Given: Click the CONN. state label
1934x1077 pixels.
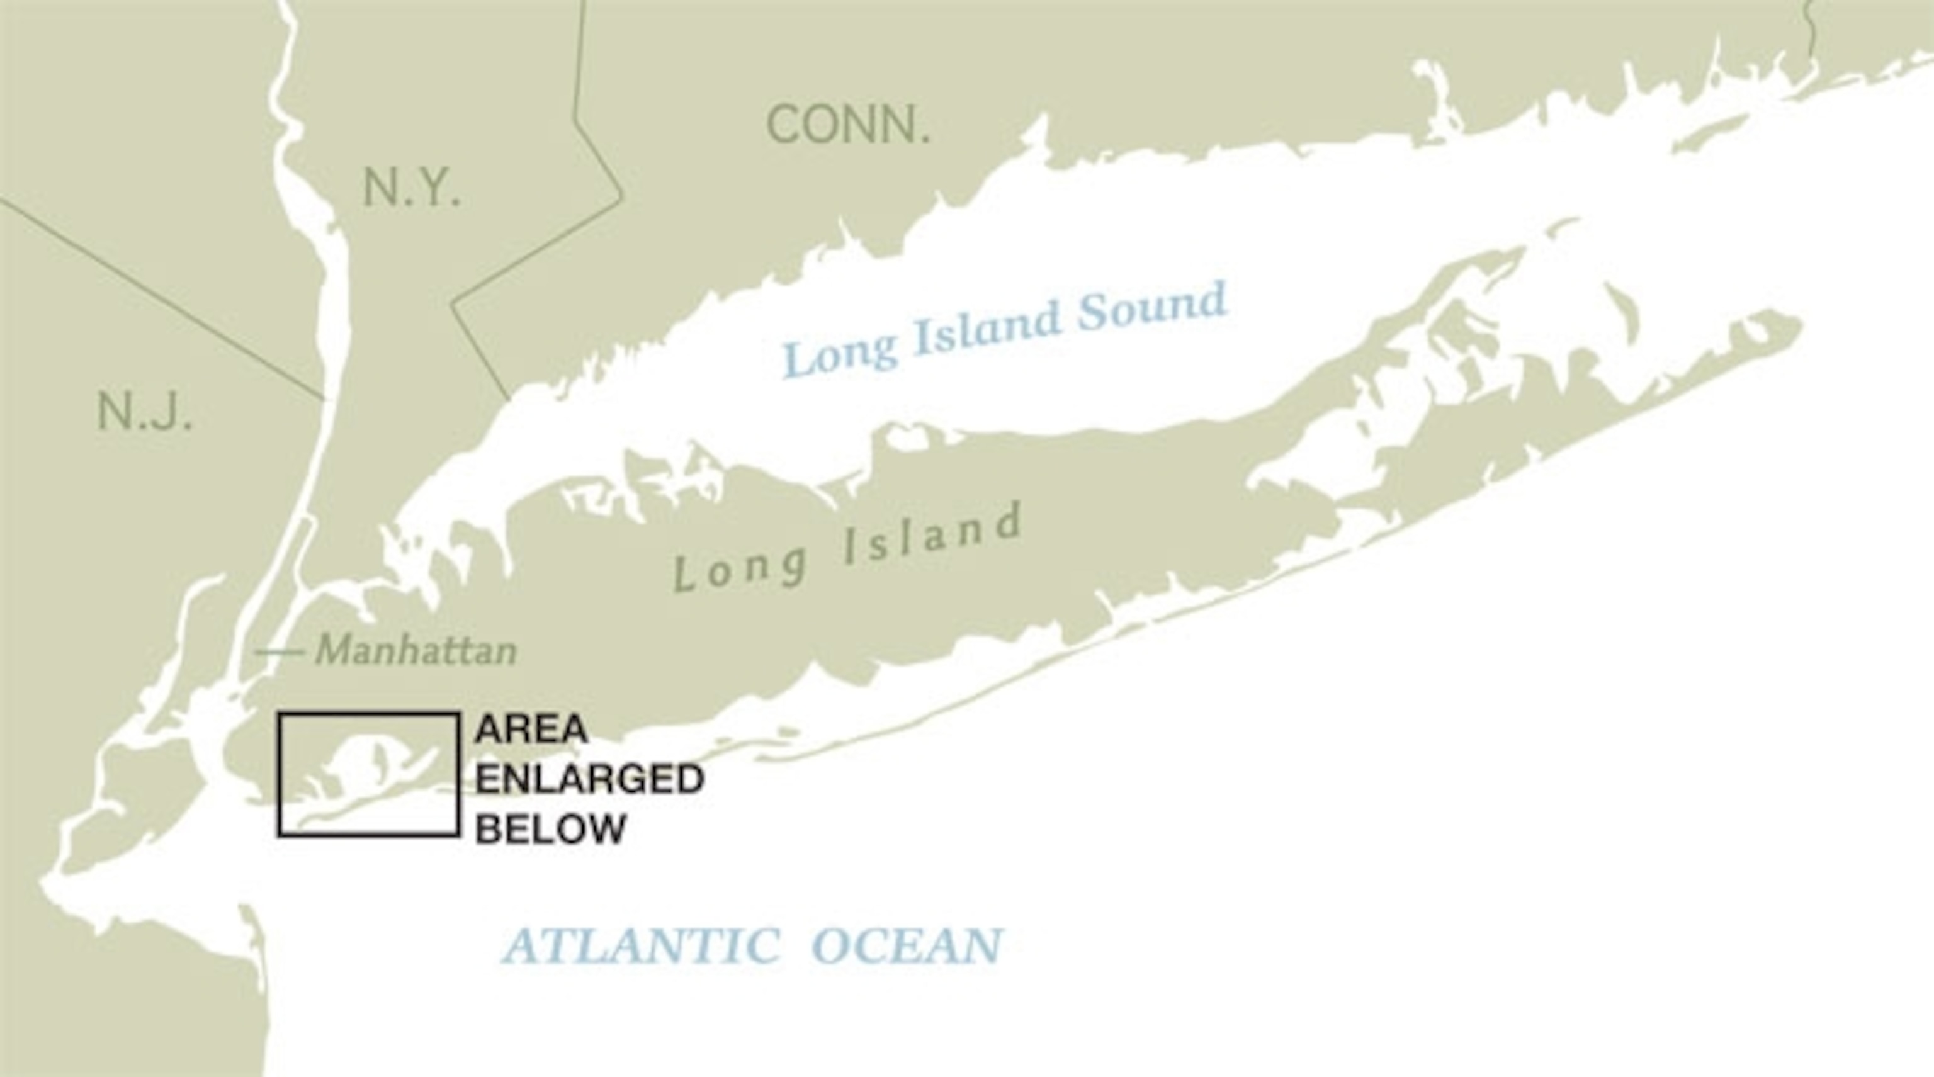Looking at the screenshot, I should pyautogui.click(x=847, y=125).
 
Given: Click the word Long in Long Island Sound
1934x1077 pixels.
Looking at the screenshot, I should pyautogui.click(x=839, y=352).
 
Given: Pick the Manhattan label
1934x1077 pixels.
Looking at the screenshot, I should pyautogui.click(x=416, y=650).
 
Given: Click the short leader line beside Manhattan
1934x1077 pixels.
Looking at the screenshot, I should pyautogui.click(x=278, y=652).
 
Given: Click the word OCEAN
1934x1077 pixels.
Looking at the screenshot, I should pyautogui.click(x=907, y=945).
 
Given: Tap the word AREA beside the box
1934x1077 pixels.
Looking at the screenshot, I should pyautogui.click(x=531, y=729).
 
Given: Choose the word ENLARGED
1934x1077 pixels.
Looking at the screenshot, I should pyautogui.click(x=589, y=779).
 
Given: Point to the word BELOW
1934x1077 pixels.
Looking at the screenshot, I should pyautogui.click(x=550, y=828).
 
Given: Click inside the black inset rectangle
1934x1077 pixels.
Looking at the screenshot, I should pyautogui.click(x=368, y=773).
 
